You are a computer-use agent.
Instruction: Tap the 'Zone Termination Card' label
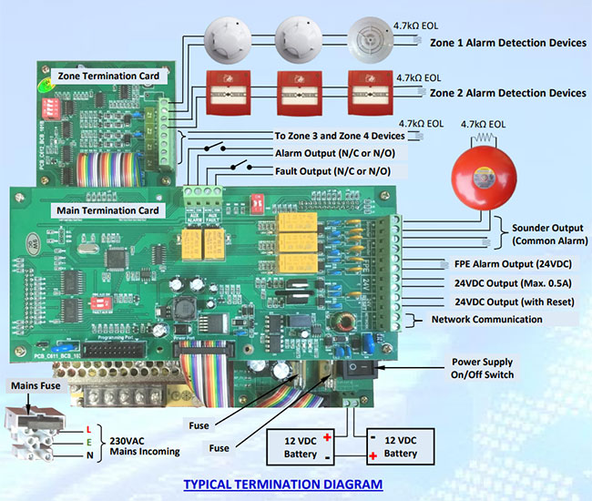[x=109, y=75]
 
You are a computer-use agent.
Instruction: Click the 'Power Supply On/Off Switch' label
[x=483, y=368]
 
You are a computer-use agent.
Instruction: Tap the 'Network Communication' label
[x=486, y=319]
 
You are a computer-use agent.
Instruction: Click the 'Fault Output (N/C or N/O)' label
[x=333, y=171]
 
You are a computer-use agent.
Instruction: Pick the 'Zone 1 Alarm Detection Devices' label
[x=508, y=44]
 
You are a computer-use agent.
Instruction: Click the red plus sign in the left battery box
[x=327, y=438]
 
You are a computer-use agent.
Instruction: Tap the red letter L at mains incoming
[x=87, y=429]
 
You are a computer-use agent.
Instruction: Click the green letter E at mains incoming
[x=87, y=443]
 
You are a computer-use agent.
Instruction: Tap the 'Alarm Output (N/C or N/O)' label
[x=333, y=152]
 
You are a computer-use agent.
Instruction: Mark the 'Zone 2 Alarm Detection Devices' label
[x=508, y=93]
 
